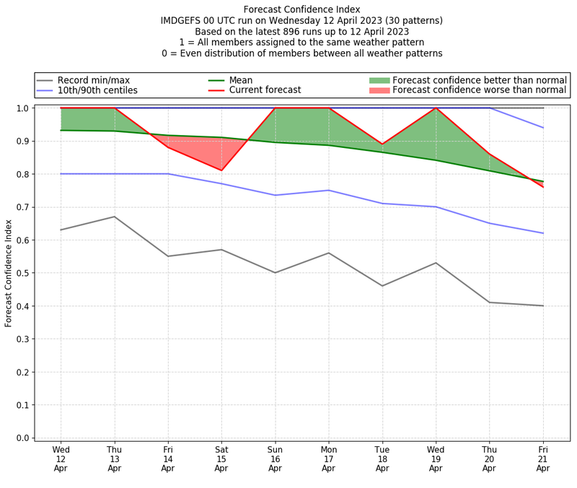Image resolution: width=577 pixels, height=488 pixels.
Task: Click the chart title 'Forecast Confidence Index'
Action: [302, 9]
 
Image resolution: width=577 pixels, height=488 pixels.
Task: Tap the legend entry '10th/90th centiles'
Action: [97, 90]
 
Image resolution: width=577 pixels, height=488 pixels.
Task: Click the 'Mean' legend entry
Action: [241, 80]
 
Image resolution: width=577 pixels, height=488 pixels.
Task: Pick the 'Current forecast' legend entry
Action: [265, 90]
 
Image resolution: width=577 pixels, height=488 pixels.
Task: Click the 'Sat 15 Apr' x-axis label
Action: [221, 458]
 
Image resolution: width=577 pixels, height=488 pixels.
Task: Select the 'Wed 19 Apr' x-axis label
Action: [436, 458]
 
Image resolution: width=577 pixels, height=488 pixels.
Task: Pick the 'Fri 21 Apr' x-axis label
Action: [542, 458]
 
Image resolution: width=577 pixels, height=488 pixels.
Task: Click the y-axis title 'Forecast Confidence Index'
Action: [9, 273]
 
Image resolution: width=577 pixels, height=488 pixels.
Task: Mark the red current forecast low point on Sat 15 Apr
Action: [221, 170]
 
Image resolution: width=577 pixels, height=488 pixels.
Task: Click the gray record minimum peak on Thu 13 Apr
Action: [115, 217]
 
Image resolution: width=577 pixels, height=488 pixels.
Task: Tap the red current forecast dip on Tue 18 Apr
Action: [382, 144]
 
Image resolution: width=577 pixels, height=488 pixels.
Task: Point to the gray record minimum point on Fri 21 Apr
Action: [542, 305]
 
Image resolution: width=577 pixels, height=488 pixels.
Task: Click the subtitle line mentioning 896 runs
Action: [302, 31]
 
